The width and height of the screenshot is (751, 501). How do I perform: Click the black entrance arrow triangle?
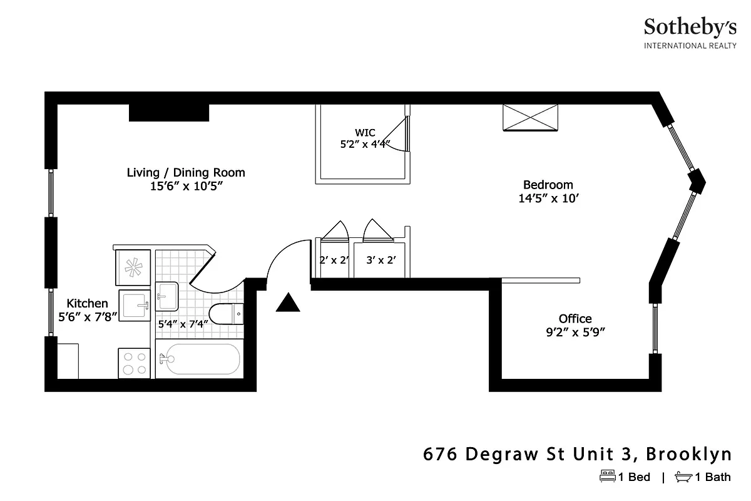click(288, 304)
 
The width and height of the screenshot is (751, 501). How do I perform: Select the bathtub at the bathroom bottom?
click(199, 359)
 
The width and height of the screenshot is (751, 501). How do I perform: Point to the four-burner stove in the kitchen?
click(134, 363)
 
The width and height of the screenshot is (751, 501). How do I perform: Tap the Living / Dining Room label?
click(186, 172)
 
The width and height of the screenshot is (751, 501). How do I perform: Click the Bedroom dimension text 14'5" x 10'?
click(548, 199)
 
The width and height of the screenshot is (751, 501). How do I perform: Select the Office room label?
click(575, 319)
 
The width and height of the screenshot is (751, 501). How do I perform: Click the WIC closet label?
click(365, 132)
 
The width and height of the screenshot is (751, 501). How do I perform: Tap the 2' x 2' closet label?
click(334, 259)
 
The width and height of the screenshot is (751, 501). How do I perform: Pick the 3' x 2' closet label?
click(381, 259)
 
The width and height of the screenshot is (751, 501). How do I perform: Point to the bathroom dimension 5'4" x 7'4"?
click(183, 324)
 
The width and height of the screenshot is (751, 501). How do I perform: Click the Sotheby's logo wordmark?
click(690, 27)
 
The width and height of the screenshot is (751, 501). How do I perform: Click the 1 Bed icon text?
click(625, 477)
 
